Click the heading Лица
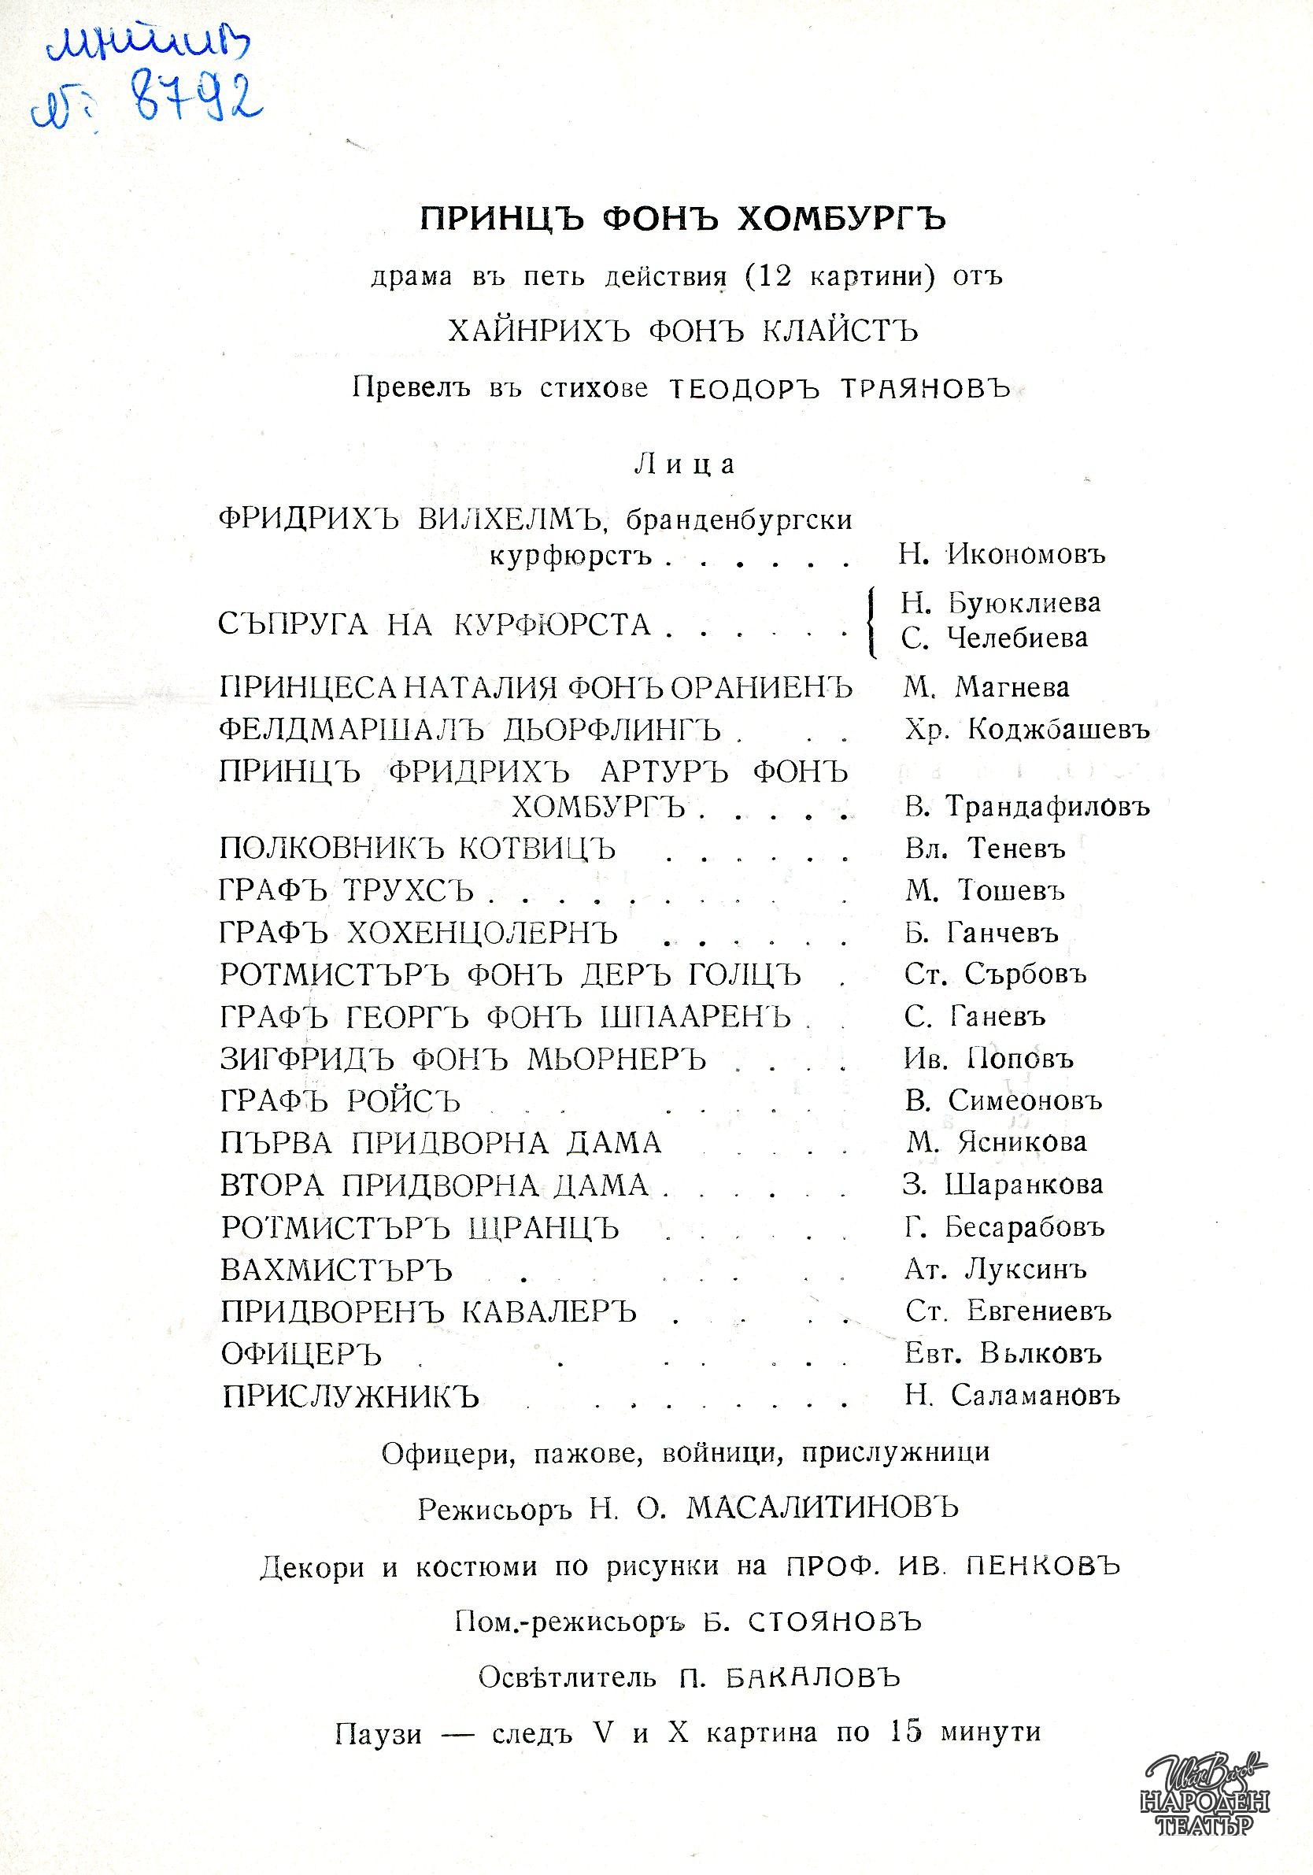pos(684,464)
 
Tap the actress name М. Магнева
pos(986,688)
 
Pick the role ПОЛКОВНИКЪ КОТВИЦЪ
pos(417,849)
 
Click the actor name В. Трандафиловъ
pos(1026,808)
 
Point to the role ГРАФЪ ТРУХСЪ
pos(347,891)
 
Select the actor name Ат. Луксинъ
pos(995,1270)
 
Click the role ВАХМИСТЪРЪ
pos(336,1270)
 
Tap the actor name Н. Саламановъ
pos(1012,1396)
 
